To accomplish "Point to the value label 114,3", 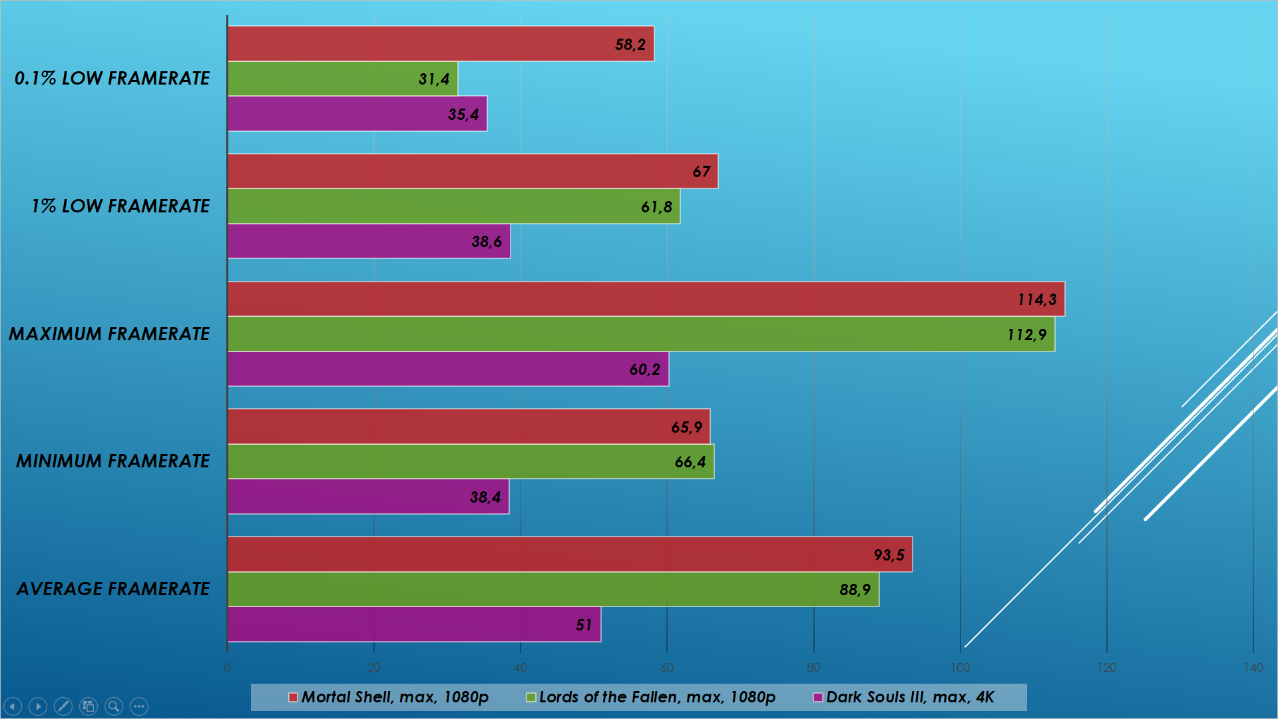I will pyautogui.click(x=1036, y=300).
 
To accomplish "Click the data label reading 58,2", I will pyautogui.click(x=630, y=45).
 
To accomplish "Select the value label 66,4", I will pyautogui.click(x=690, y=462).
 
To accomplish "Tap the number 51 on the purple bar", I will pyautogui.click(x=583, y=625).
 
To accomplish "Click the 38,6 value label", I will pyautogui.click(x=486, y=242).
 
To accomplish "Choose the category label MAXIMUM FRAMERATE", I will pyautogui.click(x=109, y=334).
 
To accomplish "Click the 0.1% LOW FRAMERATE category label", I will pyautogui.click(x=112, y=78).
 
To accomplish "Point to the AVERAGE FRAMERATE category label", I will pyautogui.click(x=113, y=589).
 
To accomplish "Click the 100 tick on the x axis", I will pyautogui.click(x=960, y=668).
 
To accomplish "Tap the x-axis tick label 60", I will pyautogui.click(x=666, y=668).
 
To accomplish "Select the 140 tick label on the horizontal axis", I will pyautogui.click(x=1253, y=668).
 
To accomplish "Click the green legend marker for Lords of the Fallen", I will pyautogui.click(x=531, y=698).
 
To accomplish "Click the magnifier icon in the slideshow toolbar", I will pyautogui.click(x=114, y=706).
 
